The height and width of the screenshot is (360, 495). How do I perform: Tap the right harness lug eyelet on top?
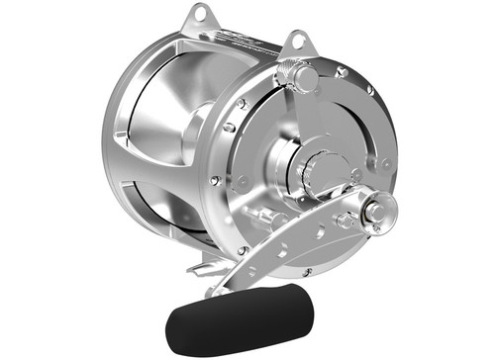(x=294, y=43)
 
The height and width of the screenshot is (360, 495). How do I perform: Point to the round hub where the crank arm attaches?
(x=378, y=209)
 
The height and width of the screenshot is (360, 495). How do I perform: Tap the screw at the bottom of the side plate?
(x=241, y=251)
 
